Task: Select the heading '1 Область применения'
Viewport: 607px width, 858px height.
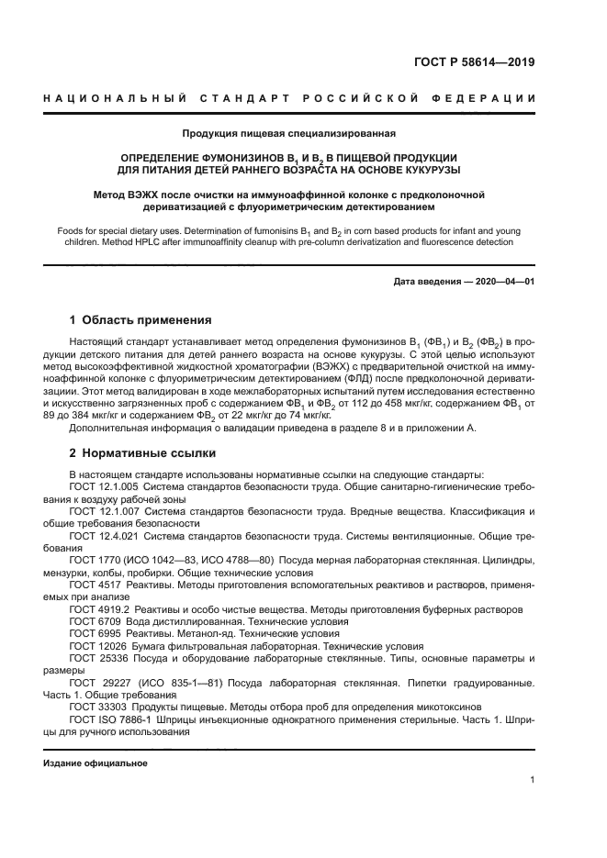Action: (141, 320)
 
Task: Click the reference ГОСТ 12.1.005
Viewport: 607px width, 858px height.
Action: (104, 487)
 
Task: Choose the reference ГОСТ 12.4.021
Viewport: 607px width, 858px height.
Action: (104, 535)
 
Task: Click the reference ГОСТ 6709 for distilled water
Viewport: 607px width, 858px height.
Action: (94, 621)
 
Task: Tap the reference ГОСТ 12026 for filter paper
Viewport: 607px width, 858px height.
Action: (96, 646)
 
